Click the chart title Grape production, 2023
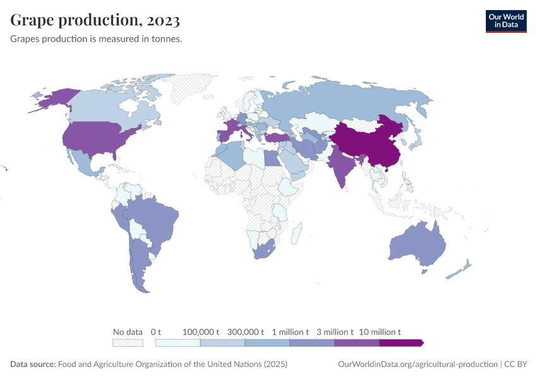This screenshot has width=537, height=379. tap(95, 21)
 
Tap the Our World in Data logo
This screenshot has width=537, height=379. tap(505, 20)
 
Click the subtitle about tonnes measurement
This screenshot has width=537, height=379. tap(97, 39)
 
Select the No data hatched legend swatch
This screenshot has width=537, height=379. tap(128, 343)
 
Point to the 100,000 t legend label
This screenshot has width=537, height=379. tap(201, 332)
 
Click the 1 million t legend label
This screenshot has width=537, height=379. tap(290, 332)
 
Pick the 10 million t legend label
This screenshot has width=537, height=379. tap(380, 332)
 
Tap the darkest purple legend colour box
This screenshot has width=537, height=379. tap(401, 343)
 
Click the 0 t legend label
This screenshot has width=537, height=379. tap(156, 332)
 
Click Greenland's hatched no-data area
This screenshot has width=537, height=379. tap(193, 88)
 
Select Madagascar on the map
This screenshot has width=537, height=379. tap(295, 234)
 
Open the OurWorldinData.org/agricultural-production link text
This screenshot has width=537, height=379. tap(418, 364)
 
